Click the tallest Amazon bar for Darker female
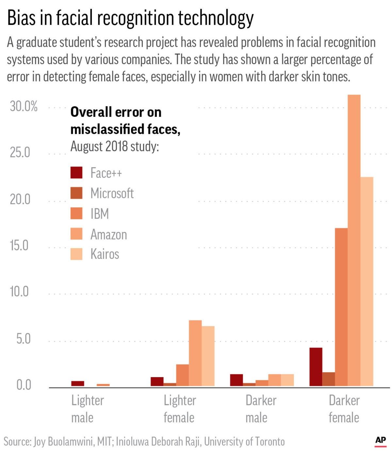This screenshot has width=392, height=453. [354, 240]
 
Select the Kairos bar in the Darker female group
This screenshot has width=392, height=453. [367, 281]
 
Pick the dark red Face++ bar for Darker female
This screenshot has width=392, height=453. [316, 367]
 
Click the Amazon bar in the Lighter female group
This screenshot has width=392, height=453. [195, 353]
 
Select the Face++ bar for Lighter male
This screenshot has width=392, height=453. [78, 383]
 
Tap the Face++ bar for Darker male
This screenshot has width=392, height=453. [236, 380]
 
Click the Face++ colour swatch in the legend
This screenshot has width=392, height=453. [76, 173]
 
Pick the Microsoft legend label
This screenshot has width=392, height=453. [112, 193]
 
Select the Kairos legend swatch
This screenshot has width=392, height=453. [76, 254]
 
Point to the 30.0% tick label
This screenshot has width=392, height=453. [24, 106]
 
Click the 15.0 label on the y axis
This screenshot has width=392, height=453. [19, 245]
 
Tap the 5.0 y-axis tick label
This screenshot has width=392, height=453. [23, 339]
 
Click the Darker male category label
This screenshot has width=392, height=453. [261, 409]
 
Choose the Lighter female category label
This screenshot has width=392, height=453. [179, 409]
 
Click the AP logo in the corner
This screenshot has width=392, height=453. [380, 441]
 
